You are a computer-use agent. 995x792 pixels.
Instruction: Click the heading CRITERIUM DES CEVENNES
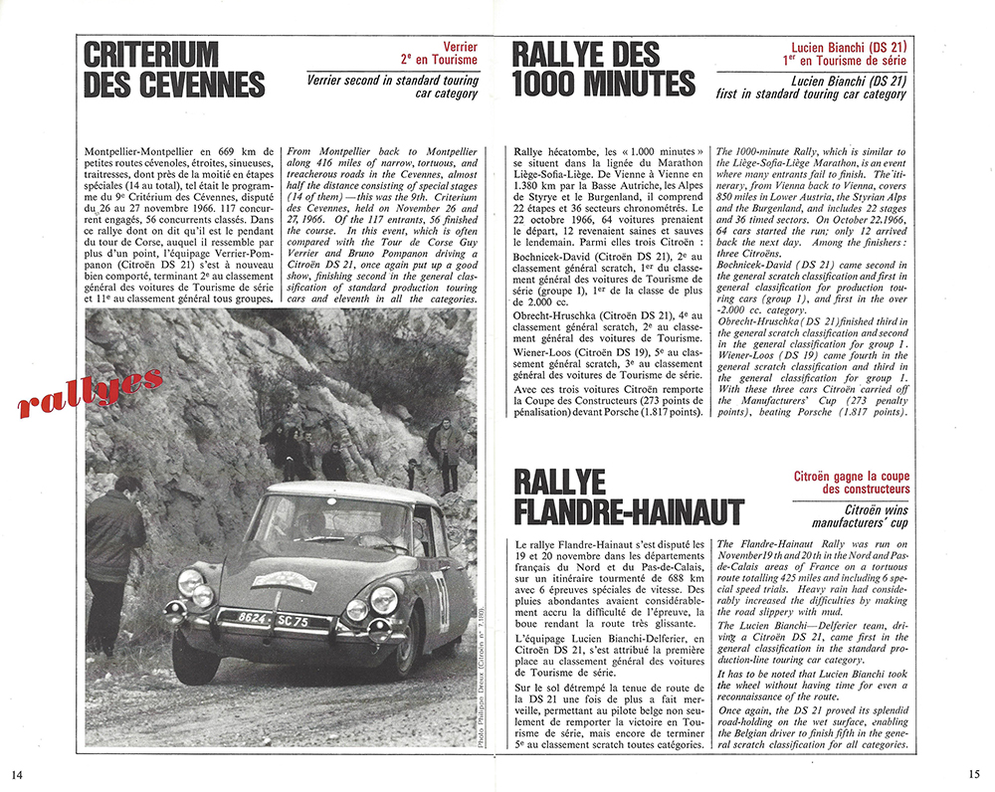tap(173, 69)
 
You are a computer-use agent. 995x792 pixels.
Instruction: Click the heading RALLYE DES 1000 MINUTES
tap(603, 69)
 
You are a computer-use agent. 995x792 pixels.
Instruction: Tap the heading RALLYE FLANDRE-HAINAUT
tap(629, 497)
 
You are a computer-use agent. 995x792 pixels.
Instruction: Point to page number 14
tap(17, 774)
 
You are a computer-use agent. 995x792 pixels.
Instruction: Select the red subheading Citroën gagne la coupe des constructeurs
tap(851, 483)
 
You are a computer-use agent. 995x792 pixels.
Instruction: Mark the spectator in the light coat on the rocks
tap(447, 453)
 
